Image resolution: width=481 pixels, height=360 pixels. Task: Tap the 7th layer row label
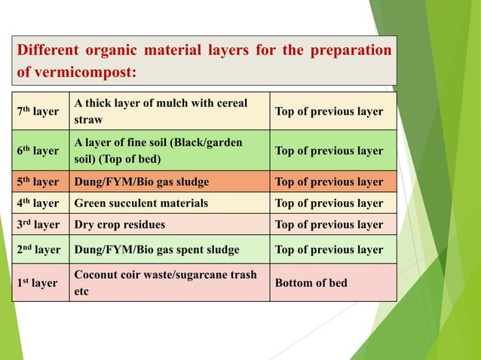[x=38, y=111]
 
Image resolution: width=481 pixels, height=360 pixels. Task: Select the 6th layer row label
[x=38, y=151]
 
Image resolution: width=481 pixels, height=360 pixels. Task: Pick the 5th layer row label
[x=38, y=182]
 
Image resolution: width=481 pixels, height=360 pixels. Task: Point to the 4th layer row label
[x=38, y=203]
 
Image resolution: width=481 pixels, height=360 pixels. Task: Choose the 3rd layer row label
[x=38, y=224]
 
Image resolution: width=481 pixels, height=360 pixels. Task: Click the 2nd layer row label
[x=38, y=249]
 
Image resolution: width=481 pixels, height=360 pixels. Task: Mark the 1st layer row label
[x=38, y=283]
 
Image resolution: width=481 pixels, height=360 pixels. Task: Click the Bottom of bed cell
[x=311, y=283]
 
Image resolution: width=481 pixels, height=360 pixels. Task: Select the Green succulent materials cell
[x=141, y=203]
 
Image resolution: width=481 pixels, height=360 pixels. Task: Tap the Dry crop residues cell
[x=119, y=224]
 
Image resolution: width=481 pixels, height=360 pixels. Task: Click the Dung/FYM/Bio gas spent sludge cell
[x=156, y=249]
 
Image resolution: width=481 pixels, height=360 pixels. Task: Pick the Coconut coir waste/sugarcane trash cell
[x=165, y=283]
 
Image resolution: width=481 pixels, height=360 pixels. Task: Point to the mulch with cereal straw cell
[x=160, y=111]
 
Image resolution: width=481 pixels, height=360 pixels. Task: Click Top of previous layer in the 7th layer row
[x=329, y=111]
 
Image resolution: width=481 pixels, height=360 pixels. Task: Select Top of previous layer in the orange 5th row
[x=329, y=182]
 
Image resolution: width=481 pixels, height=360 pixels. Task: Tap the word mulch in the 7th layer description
[x=167, y=103]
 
